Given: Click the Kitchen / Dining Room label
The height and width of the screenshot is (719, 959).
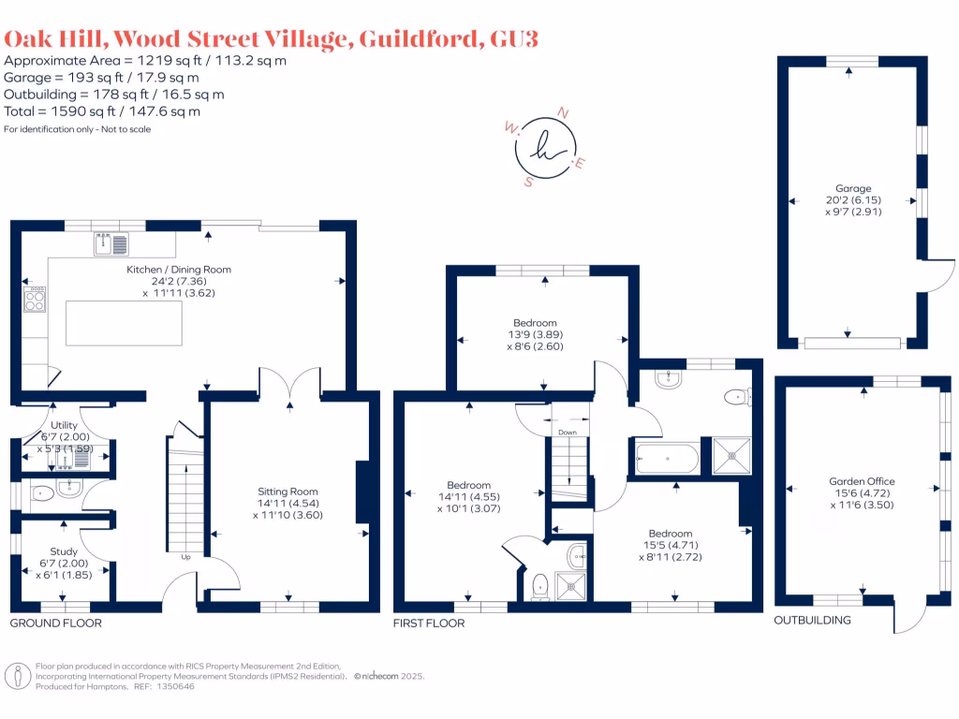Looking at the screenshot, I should (179, 270).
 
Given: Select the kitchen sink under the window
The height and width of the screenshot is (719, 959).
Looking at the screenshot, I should (111, 245).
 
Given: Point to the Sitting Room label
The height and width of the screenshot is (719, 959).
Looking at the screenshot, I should (288, 491).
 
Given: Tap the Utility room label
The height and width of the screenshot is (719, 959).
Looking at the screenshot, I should (65, 423).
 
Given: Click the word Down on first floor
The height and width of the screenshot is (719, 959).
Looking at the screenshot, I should (568, 433).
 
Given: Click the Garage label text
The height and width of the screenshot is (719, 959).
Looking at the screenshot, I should (853, 188).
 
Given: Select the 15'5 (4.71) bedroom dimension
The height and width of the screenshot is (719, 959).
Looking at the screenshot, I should (671, 544).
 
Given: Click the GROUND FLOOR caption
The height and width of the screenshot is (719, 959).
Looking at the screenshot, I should (56, 623).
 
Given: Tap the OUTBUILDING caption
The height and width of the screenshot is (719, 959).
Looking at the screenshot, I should (812, 620).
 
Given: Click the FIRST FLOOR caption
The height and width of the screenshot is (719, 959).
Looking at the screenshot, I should (429, 623).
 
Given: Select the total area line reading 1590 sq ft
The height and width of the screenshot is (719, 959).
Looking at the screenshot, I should (102, 111).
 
